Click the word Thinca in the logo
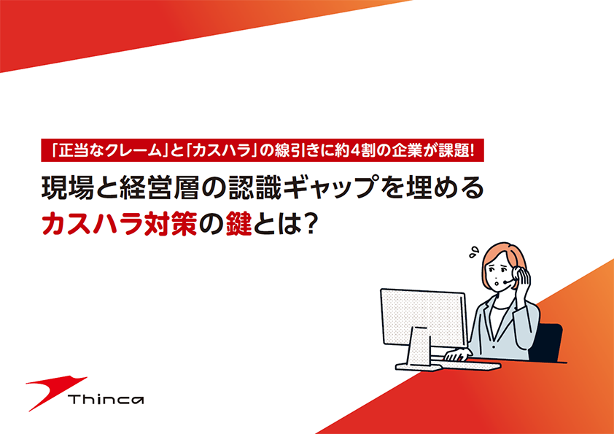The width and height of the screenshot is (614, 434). click(106, 399)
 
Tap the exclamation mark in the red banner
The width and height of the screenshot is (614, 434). click(471, 150)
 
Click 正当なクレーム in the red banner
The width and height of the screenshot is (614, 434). click(109, 151)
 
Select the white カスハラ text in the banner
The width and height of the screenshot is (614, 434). click(222, 151)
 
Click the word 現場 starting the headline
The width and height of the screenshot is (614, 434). click(68, 187)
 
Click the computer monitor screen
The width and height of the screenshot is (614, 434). click(424, 318)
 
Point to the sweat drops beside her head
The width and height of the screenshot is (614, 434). click(474, 252)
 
